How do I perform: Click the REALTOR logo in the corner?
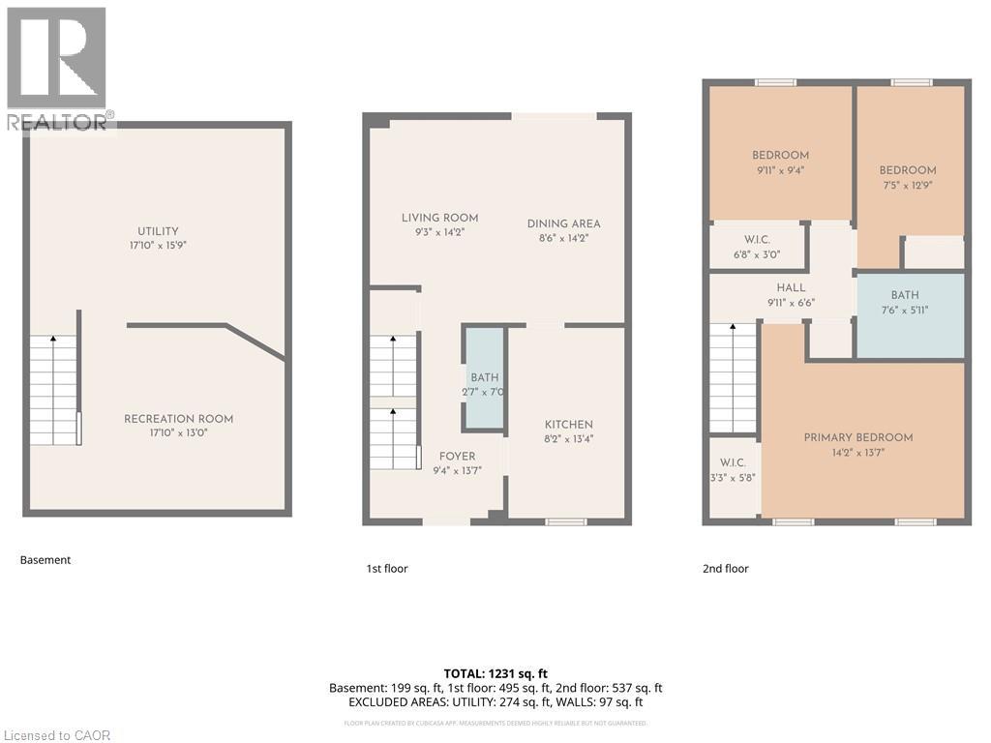57,68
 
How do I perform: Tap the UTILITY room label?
158,231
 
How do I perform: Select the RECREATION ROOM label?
178,419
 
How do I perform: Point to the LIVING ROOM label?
439,218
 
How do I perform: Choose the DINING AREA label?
563,223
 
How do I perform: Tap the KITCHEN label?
568,425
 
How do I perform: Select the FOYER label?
457,456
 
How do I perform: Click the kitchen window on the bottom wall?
566,522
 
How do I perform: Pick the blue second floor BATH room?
910,315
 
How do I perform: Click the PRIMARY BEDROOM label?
857,437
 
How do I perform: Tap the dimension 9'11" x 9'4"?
780,170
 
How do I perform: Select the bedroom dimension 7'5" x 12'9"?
908,185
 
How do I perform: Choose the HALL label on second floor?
791,287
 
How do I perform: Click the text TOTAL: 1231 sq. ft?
495,673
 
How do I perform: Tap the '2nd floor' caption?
725,569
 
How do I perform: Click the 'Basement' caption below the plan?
45,560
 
